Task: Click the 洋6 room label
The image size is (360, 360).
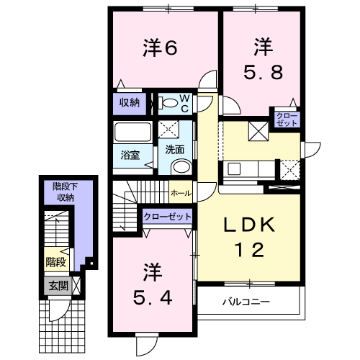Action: pyautogui.click(x=161, y=48)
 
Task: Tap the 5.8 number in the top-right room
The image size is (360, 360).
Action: pyautogui.click(x=264, y=73)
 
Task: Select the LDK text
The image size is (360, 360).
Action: pyautogui.click(x=249, y=225)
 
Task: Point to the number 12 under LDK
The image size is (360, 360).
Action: pyautogui.click(x=250, y=250)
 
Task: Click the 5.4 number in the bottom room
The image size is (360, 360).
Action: pyautogui.click(x=153, y=297)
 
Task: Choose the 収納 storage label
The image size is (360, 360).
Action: pyautogui.click(x=130, y=103)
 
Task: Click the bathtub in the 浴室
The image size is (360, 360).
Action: pyautogui.click(x=132, y=132)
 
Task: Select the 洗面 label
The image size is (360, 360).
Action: pyautogui.click(x=175, y=150)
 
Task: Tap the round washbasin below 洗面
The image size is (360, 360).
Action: pyautogui.click(x=181, y=166)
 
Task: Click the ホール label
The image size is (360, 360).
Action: pyautogui.click(x=181, y=193)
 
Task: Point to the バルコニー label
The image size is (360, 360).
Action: pyautogui.click(x=246, y=302)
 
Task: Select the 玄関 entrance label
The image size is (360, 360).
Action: pyautogui.click(x=58, y=286)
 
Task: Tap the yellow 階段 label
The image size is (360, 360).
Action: pyautogui.click(x=56, y=262)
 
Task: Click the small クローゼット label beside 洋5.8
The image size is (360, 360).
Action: pyautogui.click(x=287, y=120)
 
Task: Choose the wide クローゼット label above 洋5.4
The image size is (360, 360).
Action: pyautogui.click(x=168, y=217)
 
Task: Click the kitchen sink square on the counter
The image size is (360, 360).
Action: pyautogui.click(x=234, y=168)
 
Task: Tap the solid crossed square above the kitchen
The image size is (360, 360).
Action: pyautogui.click(x=258, y=131)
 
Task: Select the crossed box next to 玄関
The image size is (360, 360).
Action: pyautogui.click(x=76, y=286)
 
